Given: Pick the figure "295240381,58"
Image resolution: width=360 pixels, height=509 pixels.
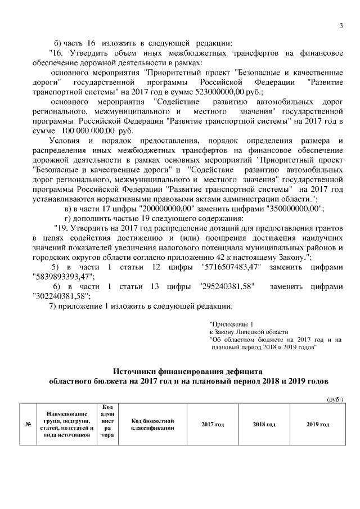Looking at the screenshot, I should point(227,286).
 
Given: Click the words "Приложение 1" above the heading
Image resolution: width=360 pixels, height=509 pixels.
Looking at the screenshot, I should point(228,325).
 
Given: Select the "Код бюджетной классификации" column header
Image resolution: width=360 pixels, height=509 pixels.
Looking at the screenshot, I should point(152,424).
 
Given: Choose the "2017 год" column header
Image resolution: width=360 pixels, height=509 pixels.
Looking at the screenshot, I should point(213,424).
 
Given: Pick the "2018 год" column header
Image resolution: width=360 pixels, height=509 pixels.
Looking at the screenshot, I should point(264,424).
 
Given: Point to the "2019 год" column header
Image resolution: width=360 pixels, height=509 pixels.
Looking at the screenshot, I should point(317,424).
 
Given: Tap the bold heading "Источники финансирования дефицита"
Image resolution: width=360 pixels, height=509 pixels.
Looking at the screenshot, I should point(188,371).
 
